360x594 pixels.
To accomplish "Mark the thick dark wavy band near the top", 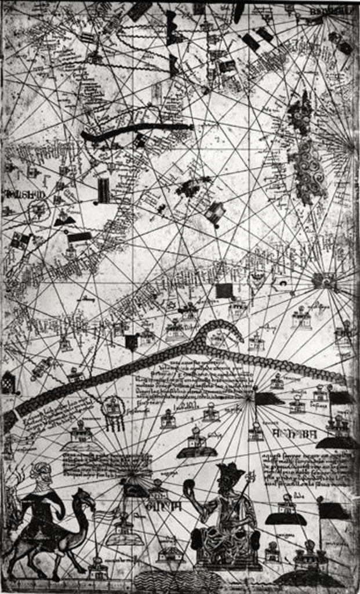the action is [x=137, y=131].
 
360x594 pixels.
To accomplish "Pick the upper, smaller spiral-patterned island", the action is [x=300, y=114].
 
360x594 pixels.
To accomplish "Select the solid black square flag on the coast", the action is [x=224, y=290].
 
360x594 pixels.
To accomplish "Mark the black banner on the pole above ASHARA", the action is [x=268, y=399].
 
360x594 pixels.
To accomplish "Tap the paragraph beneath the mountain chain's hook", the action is [x=197, y=377].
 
